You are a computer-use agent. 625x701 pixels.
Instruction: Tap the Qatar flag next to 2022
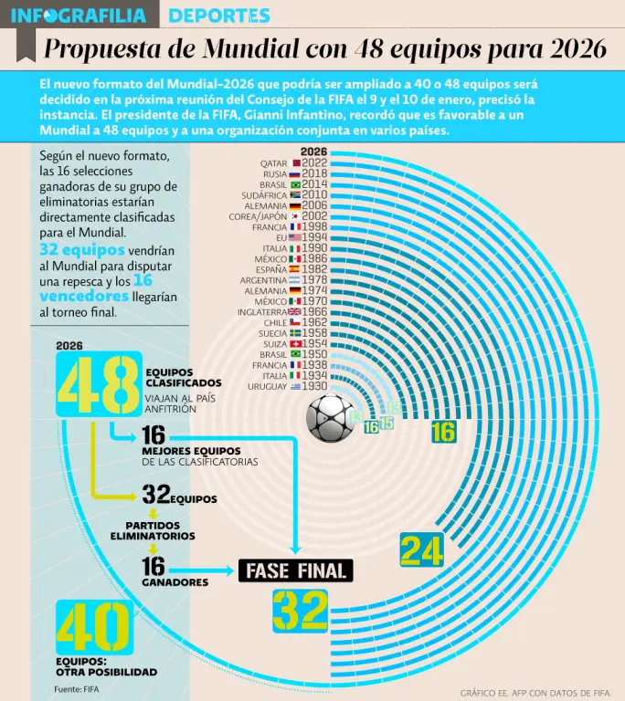[x=294, y=163]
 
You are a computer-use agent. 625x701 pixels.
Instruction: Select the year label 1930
[x=314, y=387]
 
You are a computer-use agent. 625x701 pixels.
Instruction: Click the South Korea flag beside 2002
[x=294, y=216]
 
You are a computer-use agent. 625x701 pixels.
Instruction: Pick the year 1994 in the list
[x=314, y=237]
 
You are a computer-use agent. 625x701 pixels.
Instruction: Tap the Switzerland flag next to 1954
[x=294, y=344]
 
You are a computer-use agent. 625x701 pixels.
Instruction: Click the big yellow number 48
[x=99, y=383]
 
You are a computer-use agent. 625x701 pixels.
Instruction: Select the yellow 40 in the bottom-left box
[x=94, y=628]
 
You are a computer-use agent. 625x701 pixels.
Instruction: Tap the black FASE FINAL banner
[x=295, y=571]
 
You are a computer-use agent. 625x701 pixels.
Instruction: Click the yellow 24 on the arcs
[x=422, y=550]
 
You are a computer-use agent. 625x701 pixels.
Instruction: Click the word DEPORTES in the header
[x=219, y=16]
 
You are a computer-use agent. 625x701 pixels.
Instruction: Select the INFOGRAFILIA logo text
[x=79, y=16]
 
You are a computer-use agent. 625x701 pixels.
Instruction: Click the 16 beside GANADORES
[x=153, y=568]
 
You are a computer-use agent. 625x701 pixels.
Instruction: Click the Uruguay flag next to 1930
[x=294, y=387]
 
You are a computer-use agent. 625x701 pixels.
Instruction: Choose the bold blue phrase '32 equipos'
[x=74, y=249]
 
